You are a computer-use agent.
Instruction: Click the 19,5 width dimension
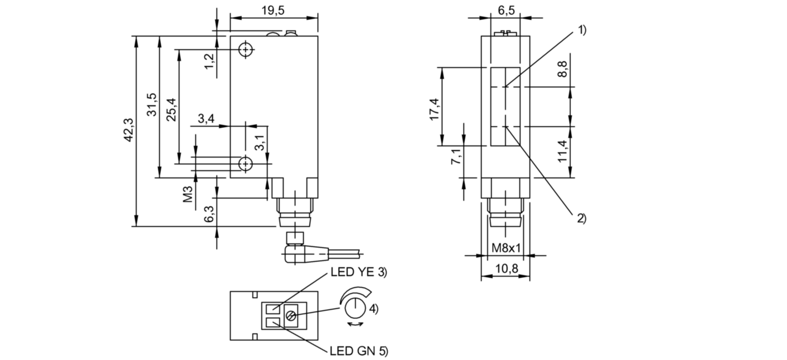tap(273, 10)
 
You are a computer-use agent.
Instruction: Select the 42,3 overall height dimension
tap(129, 130)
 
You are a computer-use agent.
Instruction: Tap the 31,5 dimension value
tap(152, 104)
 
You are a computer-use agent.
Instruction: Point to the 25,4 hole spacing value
tap(172, 110)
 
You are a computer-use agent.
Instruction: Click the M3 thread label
tap(188, 194)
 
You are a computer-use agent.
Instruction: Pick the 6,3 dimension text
tap(209, 214)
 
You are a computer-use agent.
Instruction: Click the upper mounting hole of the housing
tap(246, 50)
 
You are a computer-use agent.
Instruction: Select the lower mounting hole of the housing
tap(246, 164)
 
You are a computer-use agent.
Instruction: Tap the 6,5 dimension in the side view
tap(506, 10)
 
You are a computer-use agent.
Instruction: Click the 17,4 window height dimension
tap(435, 110)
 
